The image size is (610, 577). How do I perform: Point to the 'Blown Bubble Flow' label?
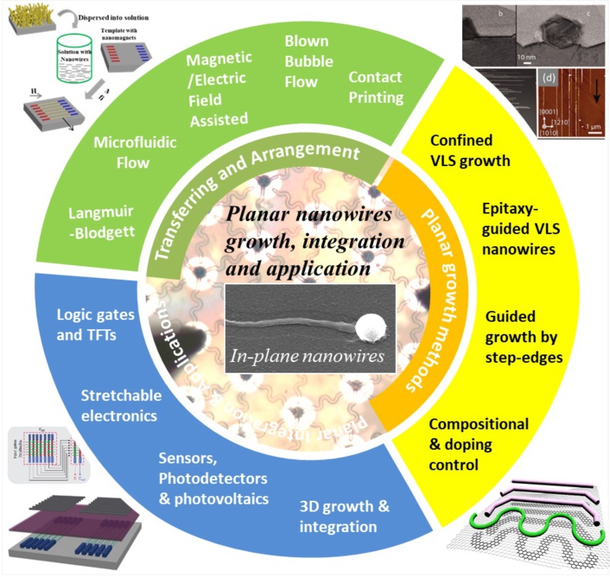[306, 60]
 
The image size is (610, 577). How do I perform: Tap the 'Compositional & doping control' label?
[471, 444]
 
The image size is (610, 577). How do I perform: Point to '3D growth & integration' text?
[338, 517]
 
